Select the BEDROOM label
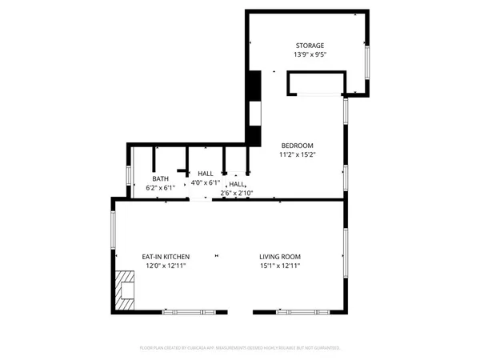tap(296, 145)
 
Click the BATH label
tap(160, 178)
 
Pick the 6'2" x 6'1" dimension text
tap(160, 187)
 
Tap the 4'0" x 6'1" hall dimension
tap(205, 182)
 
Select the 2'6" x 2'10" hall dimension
tap(237, 193)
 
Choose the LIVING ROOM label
tap(280, 256)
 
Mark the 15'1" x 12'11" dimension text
tap(280, 266)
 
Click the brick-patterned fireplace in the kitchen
tap(124, 289)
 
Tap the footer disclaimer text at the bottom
tap(240, 348)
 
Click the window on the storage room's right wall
tap(367, 61)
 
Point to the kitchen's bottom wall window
tap(184, 311)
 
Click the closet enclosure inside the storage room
tap(315, 83)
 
